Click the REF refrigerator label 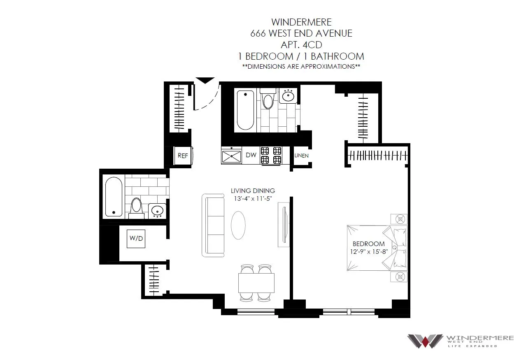[182, 156]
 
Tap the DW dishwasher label [251, 155]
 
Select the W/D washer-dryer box [136, 239]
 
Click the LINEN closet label [301, 156]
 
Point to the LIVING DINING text [253, 191]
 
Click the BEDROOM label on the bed [368, 244]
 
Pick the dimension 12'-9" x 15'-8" [368, 251]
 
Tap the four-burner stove [271, 155]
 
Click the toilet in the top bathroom [268, 99]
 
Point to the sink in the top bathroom [288, 97]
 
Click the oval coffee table [238, 225]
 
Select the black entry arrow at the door [205, 81]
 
